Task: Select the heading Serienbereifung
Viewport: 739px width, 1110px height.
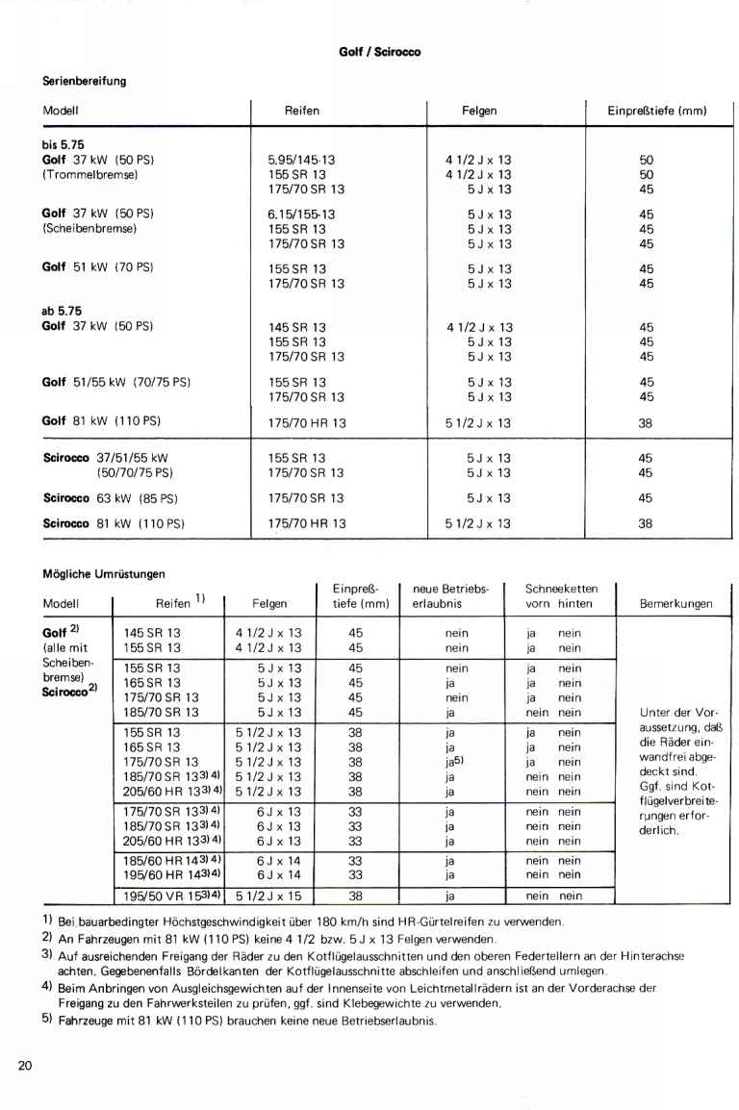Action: [x=85, y=81]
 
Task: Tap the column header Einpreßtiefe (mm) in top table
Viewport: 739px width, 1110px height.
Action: [x=656, y=111]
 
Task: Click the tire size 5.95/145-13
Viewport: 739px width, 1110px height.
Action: [x=301, y=161]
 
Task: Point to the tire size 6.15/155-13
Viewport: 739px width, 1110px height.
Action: [x=301, y=214]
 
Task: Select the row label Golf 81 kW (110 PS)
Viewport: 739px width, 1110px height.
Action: [x=101, y=421]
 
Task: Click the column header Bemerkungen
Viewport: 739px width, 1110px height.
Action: [x=675, y=604]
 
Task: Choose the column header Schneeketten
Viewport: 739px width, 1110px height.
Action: [x=561, y=589]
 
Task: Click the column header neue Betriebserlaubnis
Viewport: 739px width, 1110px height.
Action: [x=450, y=596]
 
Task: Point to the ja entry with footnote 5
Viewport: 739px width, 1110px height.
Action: [x=450, y=760]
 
